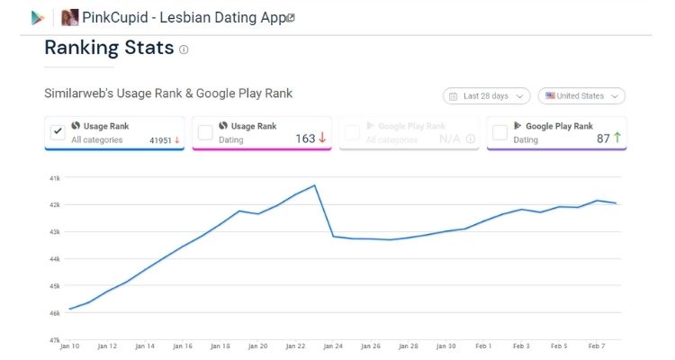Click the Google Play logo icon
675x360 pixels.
click(38, 17)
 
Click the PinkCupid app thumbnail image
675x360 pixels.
click(69, 17)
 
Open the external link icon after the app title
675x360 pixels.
click(291, 17)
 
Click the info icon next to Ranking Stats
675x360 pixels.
click(184, 49)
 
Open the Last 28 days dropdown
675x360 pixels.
click(486, 95)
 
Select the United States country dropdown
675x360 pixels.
click(581, 95)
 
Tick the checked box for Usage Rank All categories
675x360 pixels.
click(58, 132)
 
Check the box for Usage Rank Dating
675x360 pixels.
click(205, 132)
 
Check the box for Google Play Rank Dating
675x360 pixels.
click(499, 132)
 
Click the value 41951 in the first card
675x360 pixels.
click(160, 139)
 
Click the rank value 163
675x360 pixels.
click(305, 139)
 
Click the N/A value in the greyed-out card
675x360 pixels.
click(450, 139)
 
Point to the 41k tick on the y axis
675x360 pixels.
click(54, 178)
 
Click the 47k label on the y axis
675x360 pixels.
click(54, 340)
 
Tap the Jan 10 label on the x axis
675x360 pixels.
click(70, 346)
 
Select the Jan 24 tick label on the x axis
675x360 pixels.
click(333, 346)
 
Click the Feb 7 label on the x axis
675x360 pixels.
click(597, 346)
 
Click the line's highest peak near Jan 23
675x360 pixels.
click(314, 185)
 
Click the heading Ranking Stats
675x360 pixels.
click(108, 49)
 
